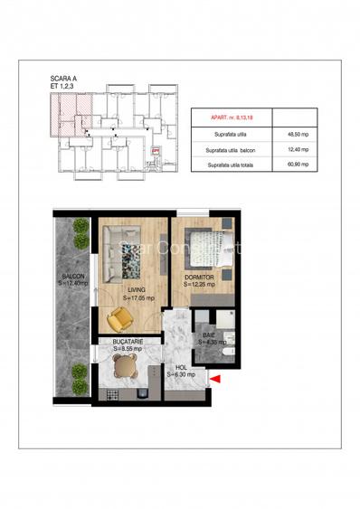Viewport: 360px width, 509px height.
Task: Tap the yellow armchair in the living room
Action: [x=119, y=318]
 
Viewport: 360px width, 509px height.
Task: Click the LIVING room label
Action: [x=136, y=289]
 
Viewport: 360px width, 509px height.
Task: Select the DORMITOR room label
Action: [x=199, y=277]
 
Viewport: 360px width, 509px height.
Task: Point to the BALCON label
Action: [x=72, y=276]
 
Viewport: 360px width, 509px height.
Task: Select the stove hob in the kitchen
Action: [x=113, y=394]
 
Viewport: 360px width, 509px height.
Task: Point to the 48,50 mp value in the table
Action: [x=295, y=133]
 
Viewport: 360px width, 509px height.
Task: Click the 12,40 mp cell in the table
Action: [x=295, y=149]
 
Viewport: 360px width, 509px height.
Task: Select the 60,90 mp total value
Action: [x=295, y=165]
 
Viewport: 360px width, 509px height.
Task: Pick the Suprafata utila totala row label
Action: [x=229, y=165]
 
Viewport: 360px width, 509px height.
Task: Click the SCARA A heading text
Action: [x=65, y=80]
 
